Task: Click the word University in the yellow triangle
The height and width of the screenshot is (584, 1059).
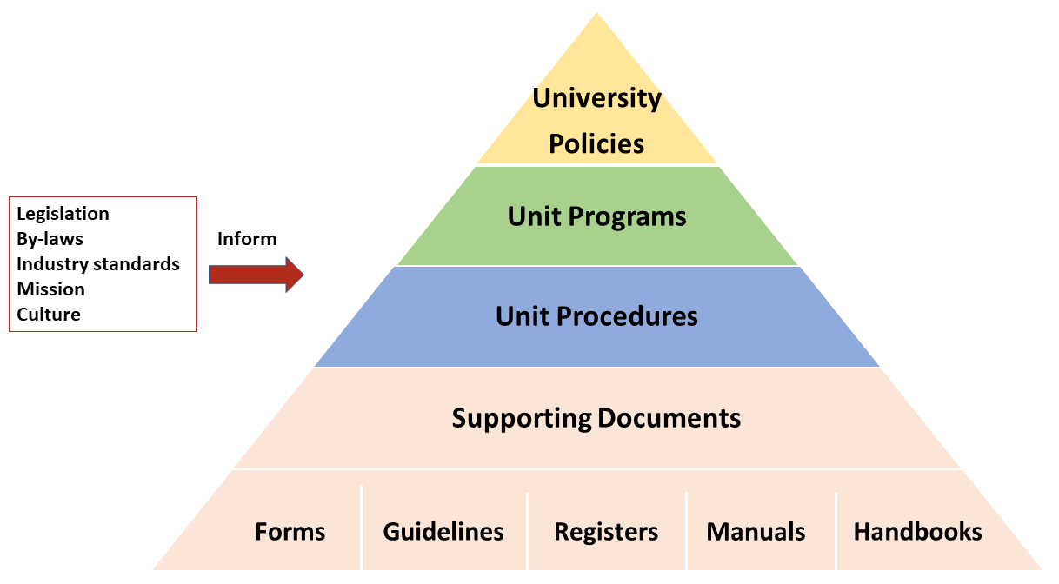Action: coord(596,98)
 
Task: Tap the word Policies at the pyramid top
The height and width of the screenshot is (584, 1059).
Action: coord(596,143)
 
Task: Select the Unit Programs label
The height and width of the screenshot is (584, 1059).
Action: coord(596,216)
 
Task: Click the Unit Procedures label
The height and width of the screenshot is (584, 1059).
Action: coord(596,315)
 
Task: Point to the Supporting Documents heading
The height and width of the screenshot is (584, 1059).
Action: coord(596,418)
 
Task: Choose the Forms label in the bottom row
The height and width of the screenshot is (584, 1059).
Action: coord(290,531)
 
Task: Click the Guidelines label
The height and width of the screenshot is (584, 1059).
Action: coord(443,531)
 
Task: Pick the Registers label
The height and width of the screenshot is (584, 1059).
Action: coord(606,531)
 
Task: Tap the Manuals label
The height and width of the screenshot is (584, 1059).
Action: coord(756,531)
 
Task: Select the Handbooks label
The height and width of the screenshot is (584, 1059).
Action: coord(917,531)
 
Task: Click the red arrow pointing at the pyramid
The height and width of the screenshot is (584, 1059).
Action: coord(256,276)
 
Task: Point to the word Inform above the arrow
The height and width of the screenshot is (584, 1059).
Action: coord(247,239)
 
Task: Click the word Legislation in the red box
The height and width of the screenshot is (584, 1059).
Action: coord(63,214)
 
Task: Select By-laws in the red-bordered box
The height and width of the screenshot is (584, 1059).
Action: coord(50,239)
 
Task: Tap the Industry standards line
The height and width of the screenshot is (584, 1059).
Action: coord(97,264)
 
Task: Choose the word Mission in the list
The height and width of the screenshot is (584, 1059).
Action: coord(50,289)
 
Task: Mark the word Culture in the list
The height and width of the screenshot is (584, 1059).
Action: coord(49,315)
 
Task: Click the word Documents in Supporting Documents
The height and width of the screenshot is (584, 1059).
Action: coord(669,418)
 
